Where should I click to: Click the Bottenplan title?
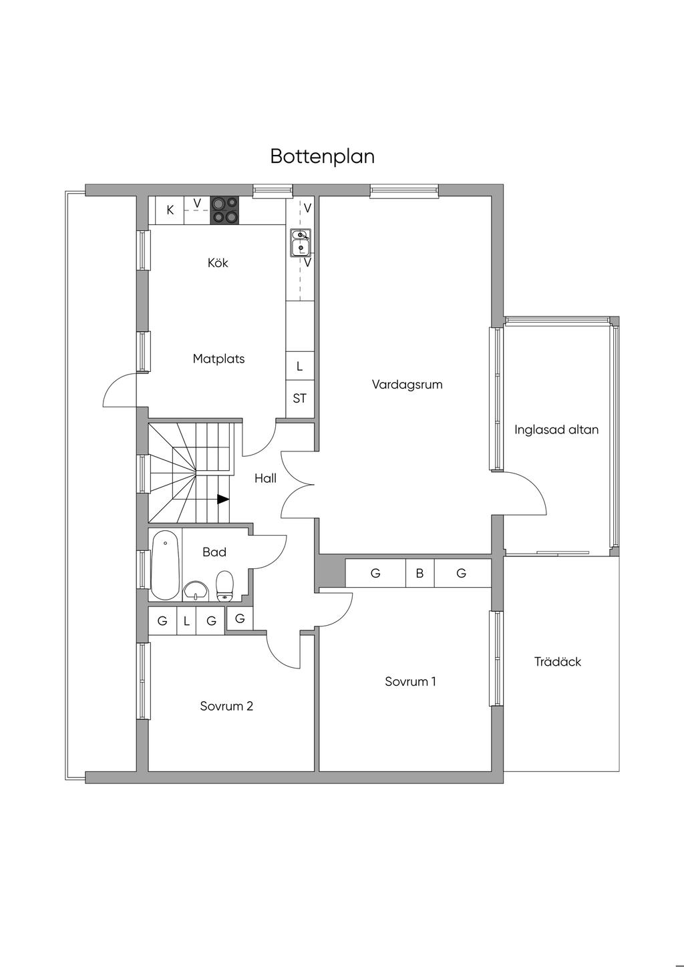pos(322,157)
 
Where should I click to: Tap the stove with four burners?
pos(224,210)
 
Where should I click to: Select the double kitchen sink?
pos(300,242)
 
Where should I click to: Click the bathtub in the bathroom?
pos(165,565)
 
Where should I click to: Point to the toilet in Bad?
pos(224,586)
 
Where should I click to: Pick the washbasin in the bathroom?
pos(196,591)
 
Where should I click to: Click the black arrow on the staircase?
pos(223,499)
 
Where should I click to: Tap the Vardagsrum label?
pos(407,385)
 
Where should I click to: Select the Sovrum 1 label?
pos(410,682)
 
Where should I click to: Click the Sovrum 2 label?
pos(226,707)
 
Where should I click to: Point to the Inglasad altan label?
pos(556,430)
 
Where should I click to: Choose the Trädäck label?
pos(558,662)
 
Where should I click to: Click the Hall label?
pos(265,478)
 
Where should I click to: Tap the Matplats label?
pos(218,359)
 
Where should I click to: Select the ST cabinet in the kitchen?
pos(300,399)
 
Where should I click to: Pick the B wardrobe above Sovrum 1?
pos(419,573)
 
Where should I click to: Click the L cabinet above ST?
pos(300,366)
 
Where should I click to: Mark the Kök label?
pos(218,263)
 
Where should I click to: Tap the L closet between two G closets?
pos(186,621)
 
